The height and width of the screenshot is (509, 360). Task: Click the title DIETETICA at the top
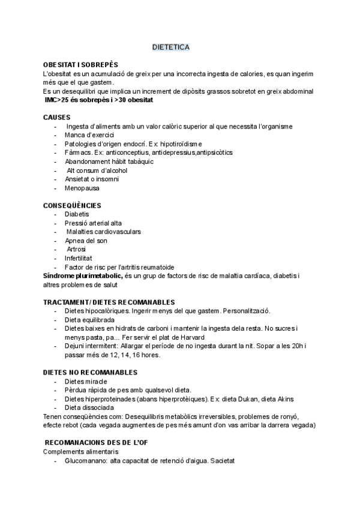171,47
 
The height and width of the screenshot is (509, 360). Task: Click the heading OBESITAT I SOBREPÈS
81,65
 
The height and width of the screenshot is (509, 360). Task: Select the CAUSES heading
56,118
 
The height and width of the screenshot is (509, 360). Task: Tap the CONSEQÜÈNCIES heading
72,205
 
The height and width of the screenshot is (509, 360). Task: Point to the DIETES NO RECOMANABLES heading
91,373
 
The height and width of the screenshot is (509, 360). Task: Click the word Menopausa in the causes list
83,188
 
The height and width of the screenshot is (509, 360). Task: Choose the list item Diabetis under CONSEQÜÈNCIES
77,214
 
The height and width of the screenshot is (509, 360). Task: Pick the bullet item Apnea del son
86,241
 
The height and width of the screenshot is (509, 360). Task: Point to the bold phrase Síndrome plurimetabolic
83,276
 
